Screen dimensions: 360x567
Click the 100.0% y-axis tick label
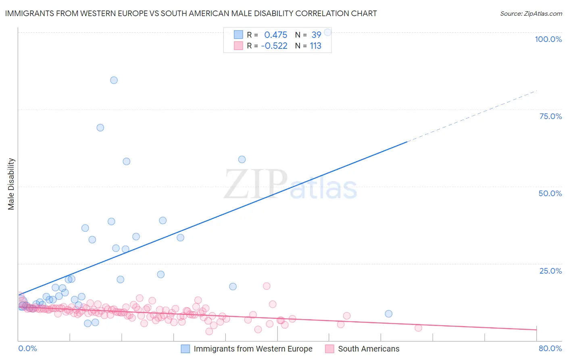click(548, 39)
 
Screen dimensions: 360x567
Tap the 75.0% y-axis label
click(550, 116)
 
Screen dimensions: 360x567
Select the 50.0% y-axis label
click(550, 193)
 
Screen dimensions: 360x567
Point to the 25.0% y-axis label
click(550, 270)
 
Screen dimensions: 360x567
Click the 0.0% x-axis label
click(27, 348)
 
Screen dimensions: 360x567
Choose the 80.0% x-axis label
click(550, 348)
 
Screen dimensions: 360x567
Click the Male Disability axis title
click(11, 184)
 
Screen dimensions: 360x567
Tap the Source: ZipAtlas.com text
click(531, 13)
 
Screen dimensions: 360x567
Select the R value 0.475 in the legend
click(275, 35)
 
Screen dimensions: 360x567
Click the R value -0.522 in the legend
click(274, 46)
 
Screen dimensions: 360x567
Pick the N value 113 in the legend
click(315, 46)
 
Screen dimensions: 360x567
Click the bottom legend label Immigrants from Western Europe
click(253, 349)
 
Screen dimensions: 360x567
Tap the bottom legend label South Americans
click(368, 349)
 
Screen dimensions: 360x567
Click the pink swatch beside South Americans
click(329, 349)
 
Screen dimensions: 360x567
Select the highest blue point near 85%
click(114, 80)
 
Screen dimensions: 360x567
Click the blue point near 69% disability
click(100, 128)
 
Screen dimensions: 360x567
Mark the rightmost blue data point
click(388, 314)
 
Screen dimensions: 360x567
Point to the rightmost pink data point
click(418, 328)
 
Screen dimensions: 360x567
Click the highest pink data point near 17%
click(267, 286)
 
